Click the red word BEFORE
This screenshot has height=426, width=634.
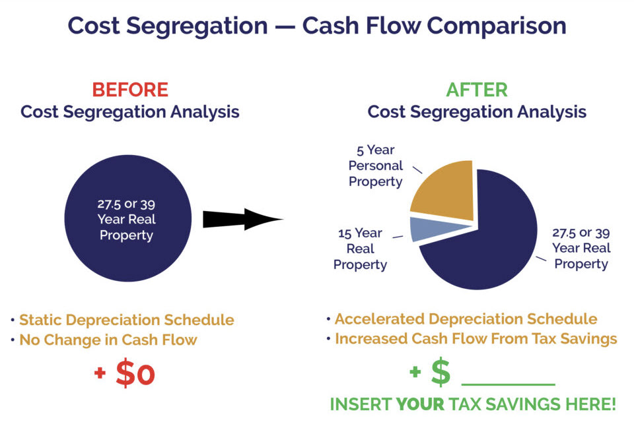129,89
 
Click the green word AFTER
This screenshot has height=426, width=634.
476,89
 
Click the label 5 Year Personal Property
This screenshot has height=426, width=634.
375,166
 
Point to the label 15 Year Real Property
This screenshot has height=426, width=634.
359,249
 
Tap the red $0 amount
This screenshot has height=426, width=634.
135,373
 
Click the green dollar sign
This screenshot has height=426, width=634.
441,373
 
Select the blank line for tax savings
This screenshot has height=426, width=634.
508,382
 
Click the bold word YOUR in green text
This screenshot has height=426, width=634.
420,404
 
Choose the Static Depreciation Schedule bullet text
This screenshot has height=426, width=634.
126,320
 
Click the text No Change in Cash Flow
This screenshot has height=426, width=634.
108,340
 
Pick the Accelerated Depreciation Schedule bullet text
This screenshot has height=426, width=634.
466,319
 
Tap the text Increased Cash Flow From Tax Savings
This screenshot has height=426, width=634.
475,339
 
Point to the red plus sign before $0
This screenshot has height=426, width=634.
100,373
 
